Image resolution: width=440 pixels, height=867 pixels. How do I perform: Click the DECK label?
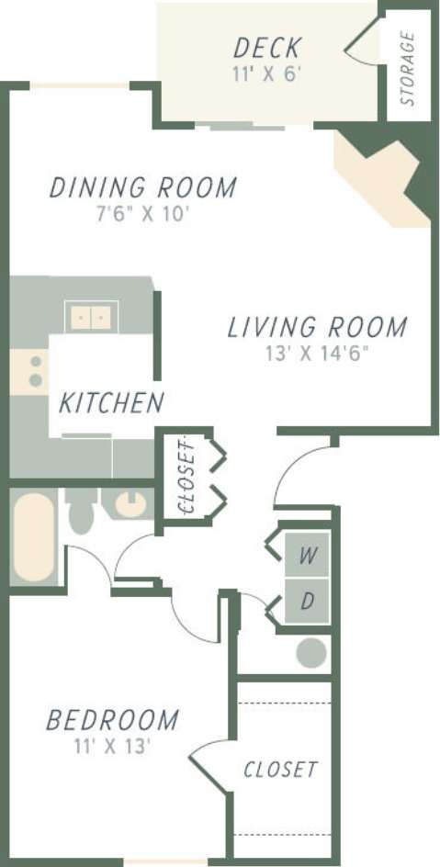pyautogui.click(x=267, y=48)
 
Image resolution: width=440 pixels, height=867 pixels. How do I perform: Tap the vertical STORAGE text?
pyautogui.click(x=408, y=69)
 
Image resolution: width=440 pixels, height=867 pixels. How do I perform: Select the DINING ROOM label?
pyautogui.click(x=142, y=187)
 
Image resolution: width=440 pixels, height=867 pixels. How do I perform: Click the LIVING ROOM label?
pyautogui.click(x=317, y=327)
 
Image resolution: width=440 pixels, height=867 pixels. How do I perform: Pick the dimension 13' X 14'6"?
pyautogui.click(x=317, y=353)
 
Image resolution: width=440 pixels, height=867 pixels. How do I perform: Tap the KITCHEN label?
pyautogui.click(x=111, y=402)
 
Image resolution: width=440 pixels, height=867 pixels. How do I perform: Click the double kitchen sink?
pyautogui.click(x=91, y=318)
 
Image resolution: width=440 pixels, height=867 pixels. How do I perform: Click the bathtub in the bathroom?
pyautogui.click(x=33, y=536)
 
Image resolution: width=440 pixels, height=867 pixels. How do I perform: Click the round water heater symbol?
pyautogui.click(x=310, y=653)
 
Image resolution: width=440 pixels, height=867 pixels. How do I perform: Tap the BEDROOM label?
pyautogui.click(x=112, y=719)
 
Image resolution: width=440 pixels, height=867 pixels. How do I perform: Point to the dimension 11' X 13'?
pyautogui.click(x=112, y=746)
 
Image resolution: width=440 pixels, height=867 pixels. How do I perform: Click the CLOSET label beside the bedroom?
pyautogui.click(x=280, y=770)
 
